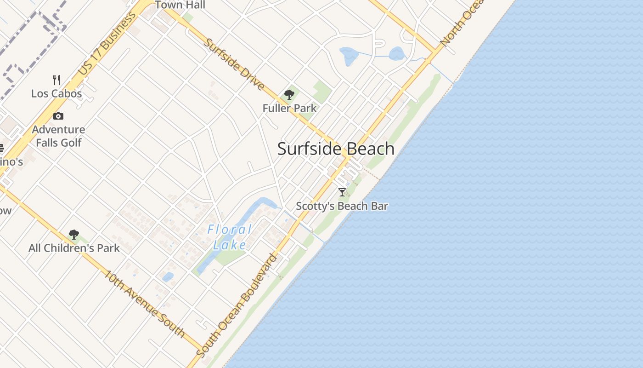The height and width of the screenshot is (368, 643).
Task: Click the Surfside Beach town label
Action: tap(336, 149)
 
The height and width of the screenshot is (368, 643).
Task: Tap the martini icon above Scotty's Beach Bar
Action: tap(342, 192)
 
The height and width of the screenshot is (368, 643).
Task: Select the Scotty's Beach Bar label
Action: tap(342, 206)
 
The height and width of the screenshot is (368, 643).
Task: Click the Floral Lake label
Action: tap(230, 237)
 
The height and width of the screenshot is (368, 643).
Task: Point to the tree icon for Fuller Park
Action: tap(289, 95)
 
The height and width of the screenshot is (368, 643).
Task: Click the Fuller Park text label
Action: tap(289, 109)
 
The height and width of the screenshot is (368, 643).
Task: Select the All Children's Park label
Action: tap(74, 248)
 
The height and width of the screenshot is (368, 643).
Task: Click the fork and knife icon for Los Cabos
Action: tap(56, 80)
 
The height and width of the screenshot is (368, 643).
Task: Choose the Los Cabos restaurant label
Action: tap(56, 94)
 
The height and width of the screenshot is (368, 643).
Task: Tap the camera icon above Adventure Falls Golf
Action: tap(58, 116)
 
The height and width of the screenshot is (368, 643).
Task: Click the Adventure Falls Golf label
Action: tap(58, 136)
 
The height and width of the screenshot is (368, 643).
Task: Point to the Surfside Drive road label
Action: tap(234, 64)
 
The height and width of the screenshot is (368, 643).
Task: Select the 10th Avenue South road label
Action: tap(144, 304)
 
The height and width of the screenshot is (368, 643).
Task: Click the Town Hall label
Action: tap(180, 6)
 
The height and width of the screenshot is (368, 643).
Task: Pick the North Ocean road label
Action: tap(462, 23)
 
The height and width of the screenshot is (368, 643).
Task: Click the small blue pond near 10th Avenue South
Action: tap(168, 277)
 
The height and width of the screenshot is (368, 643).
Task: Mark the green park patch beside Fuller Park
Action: tap(322, 92)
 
